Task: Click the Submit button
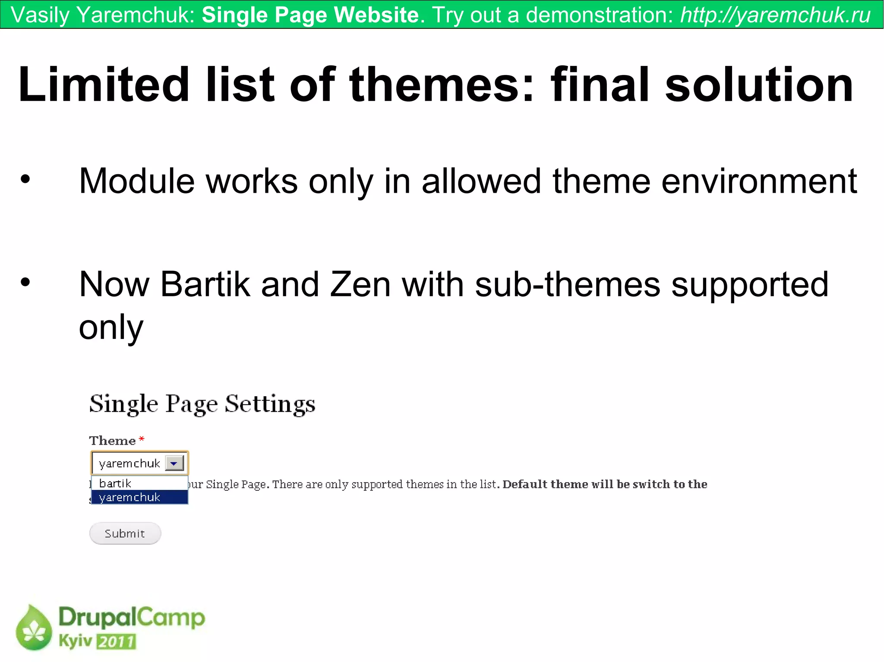(x=125, y=533)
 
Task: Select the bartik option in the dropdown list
(x=115, y=483)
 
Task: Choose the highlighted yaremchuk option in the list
(x=129, y=497)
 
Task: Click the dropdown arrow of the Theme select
(x=174, y=463)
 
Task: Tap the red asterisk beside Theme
(x=142, y=439)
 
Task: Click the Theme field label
(x=112, y=441)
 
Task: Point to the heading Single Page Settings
(x=202, y=404)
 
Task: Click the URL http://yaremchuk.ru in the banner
(x=775, y=15)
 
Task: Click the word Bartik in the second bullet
(x=205, y=285)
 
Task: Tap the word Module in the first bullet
(x=137, y=181)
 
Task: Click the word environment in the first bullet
(x=759, y=181)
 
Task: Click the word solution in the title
(x=759, y=85)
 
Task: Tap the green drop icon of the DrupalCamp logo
(x=34, y=628)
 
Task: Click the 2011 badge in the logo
(x=116, y=641)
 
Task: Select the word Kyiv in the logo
(x=75, y=640)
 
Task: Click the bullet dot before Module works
(x=25, y=179)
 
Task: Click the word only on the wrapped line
(x=111, y=328)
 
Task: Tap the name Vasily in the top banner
(x=40, y=15)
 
